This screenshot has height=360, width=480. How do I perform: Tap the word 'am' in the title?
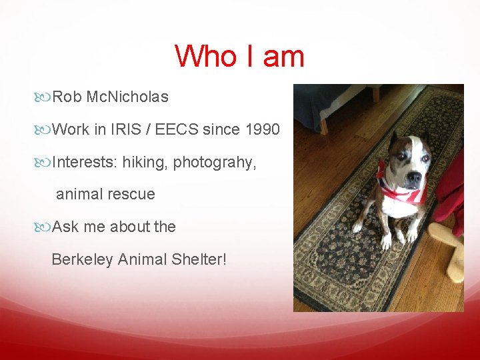(283, 56)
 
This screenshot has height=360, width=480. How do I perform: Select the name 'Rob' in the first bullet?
(67, 97)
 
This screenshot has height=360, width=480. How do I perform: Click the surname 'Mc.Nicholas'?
(127, 97)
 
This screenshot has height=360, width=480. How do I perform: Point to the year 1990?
(263, 129)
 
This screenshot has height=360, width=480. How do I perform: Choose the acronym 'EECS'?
(177, 129)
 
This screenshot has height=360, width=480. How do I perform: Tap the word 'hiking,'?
(144, 163)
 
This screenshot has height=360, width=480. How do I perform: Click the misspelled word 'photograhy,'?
(215, 163)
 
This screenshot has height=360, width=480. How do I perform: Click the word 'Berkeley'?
(81, 259)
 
